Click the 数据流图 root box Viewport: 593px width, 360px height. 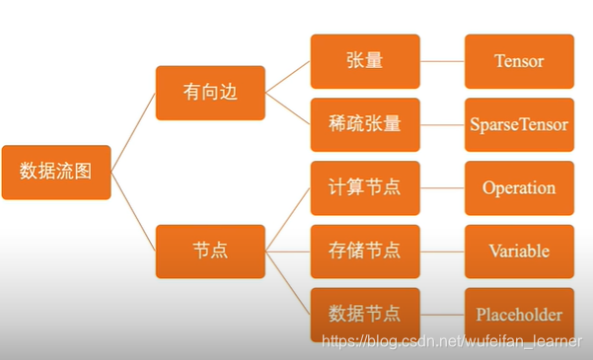tap(56, 172)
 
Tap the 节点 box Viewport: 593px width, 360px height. tap(210, 251)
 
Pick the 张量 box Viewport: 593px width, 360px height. tap(365, 61)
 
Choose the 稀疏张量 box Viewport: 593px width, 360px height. tap(365, 124)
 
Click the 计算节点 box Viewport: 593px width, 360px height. tap(365, 187)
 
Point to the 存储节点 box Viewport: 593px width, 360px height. tap(365, 251)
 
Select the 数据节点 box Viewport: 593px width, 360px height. tap(365, 314)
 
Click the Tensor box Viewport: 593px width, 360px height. tap(519, 61)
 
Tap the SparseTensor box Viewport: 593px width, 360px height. tap(519, 124)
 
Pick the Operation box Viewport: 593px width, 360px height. tap(519, 187)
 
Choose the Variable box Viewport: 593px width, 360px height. tap(519, 251)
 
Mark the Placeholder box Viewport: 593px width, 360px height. tap(519, 314)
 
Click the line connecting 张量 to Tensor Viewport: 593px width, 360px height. tap(442, 61)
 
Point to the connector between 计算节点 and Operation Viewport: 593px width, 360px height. tap(442, 187)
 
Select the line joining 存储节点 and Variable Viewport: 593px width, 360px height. tap(442, 251)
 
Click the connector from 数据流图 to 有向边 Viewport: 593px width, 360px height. tap(133, 132)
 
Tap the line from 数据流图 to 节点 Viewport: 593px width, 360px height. tap(133, 211)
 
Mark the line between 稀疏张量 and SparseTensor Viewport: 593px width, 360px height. tap(442, 124)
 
